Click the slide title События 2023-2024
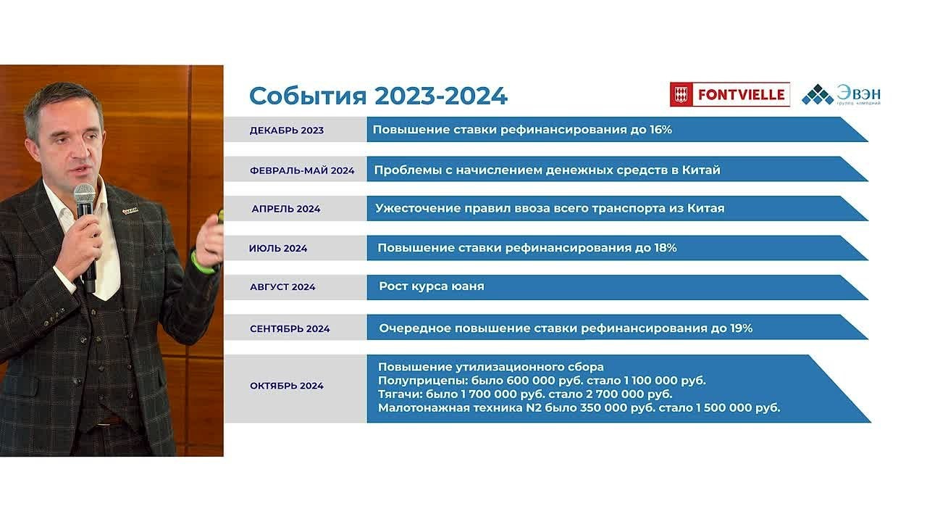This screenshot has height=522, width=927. point(378,96)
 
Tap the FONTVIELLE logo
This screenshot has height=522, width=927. point(729,94)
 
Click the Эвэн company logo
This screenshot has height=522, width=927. point(842,95)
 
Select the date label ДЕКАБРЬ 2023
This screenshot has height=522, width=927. point(286,130)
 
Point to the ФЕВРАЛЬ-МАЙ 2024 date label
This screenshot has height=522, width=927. point(302,170)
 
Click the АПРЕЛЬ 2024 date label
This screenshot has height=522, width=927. point(286,209)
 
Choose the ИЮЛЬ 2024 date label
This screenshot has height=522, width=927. point(278,248)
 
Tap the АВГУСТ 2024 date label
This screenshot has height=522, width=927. point(282,287)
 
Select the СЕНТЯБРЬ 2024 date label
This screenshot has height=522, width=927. point(290,328)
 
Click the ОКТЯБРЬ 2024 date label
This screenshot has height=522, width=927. point(287,386)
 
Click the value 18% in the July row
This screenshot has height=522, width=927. point(664,248)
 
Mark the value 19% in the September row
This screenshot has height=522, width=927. point(740,328)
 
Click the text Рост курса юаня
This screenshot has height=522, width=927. point(432,286)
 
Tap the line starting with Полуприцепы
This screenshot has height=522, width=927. point(542,381)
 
